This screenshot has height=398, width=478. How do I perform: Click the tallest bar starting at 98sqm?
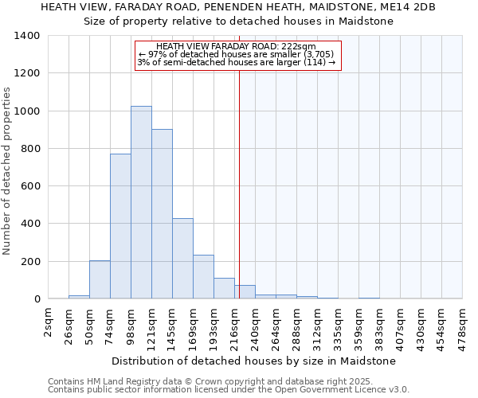point(141,202)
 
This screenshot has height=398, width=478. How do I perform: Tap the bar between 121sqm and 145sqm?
point(162,213)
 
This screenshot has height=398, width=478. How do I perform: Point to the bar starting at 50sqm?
point(100,279)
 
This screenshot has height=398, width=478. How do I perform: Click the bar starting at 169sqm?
point(203,277)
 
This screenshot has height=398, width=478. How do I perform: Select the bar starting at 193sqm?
point(224,288)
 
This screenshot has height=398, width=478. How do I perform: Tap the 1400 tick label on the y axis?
point(27,36)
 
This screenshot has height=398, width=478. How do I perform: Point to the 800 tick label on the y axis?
point(30,149)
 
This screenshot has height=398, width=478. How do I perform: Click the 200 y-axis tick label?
point(30,261)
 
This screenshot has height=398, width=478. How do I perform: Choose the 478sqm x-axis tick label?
point(463,325)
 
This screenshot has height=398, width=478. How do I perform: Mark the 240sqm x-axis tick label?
point(256,325)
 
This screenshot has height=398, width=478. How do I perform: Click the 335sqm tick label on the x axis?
point(339,325)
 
